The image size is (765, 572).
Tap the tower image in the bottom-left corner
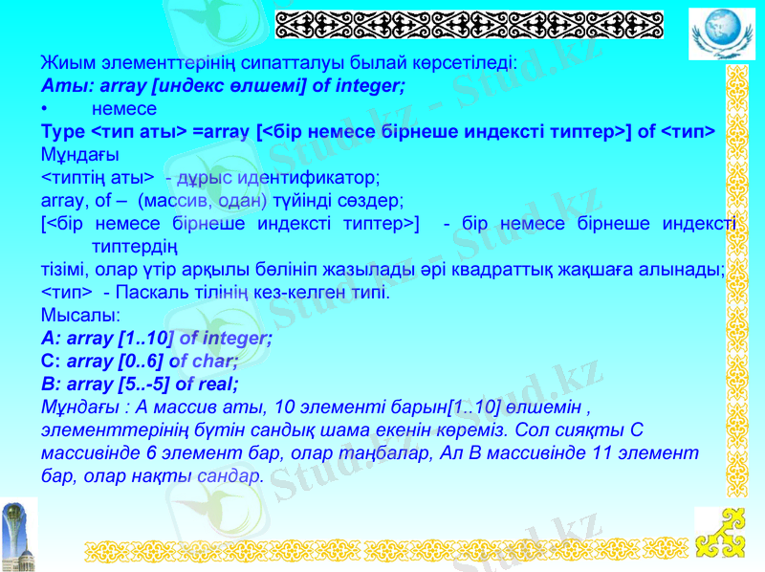pos(18,534)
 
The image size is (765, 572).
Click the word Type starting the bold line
pos(62,131)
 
